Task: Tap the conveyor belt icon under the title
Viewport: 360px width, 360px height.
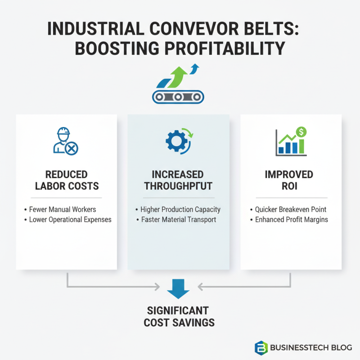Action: point(178,96)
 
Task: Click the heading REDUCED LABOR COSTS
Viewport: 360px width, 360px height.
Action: point(66,180)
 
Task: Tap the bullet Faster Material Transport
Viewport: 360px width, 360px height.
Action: point(178,220)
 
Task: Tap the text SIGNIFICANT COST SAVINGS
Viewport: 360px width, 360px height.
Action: point(179,316)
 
